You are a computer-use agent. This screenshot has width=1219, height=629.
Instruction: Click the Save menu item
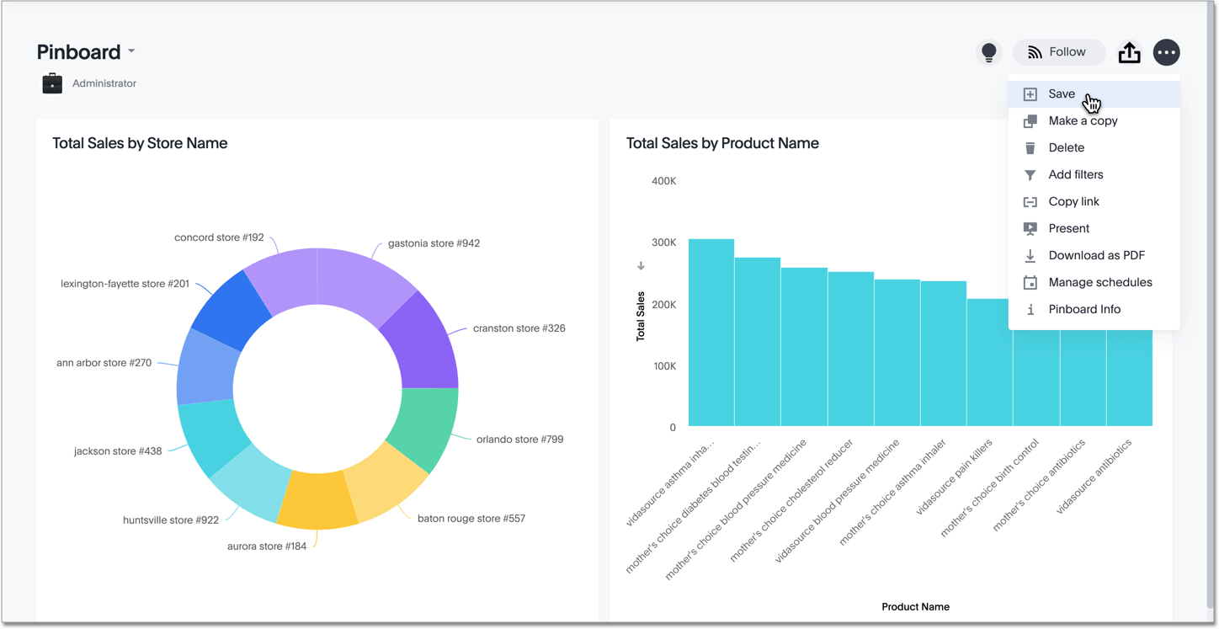1062,94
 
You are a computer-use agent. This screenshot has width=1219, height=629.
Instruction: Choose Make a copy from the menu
1083,121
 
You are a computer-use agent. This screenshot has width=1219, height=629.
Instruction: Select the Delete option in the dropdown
1066,148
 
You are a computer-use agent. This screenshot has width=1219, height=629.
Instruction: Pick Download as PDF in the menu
1096,256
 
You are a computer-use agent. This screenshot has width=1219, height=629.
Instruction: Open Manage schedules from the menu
1099,283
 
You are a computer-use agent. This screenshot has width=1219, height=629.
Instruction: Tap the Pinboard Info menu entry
1084,310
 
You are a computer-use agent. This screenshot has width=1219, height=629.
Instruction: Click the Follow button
1058,52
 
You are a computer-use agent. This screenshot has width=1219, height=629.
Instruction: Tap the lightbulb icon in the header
989,52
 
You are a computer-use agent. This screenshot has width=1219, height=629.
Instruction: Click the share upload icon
1129,53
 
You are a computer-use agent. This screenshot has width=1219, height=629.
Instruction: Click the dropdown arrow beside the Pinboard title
132,52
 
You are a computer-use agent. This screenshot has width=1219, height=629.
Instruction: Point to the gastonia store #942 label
434,243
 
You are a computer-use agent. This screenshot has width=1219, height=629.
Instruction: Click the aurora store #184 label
267,546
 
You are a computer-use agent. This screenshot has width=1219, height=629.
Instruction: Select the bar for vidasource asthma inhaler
711,333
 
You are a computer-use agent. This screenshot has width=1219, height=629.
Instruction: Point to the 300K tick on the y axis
664,243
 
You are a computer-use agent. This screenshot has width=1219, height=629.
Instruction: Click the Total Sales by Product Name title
722,143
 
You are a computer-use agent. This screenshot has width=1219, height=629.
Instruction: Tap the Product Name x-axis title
915,606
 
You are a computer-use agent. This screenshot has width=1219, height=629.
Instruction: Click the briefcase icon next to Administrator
52,83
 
